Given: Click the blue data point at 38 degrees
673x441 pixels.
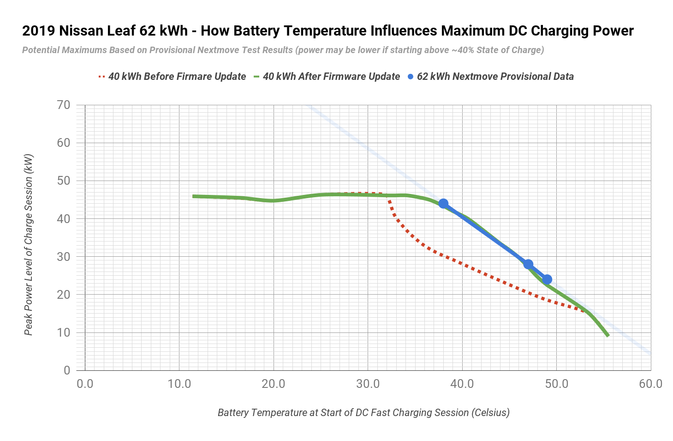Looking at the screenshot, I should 443,204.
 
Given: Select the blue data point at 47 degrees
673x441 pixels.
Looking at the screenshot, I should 528,265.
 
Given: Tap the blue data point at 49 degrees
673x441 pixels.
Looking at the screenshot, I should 547,279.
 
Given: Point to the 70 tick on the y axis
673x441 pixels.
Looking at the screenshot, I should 64,105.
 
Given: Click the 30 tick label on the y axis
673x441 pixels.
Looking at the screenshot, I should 64,257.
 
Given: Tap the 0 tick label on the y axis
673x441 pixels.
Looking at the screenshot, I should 67,370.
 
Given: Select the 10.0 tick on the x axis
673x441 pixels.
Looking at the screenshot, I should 179,384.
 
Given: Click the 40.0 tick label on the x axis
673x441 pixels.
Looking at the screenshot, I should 462,384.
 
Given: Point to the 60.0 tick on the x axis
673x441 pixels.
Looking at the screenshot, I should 650,384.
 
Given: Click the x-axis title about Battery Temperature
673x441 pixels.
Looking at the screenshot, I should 363,413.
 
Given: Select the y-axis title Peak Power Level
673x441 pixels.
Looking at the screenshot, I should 29,245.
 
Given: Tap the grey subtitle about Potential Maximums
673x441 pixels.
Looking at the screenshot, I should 283,50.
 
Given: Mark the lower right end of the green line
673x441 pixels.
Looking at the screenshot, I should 608,336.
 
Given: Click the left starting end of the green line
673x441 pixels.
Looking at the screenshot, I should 193,196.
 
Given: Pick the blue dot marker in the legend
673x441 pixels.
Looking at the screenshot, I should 410,77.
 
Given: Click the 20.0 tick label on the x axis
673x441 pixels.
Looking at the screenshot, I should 274,384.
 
